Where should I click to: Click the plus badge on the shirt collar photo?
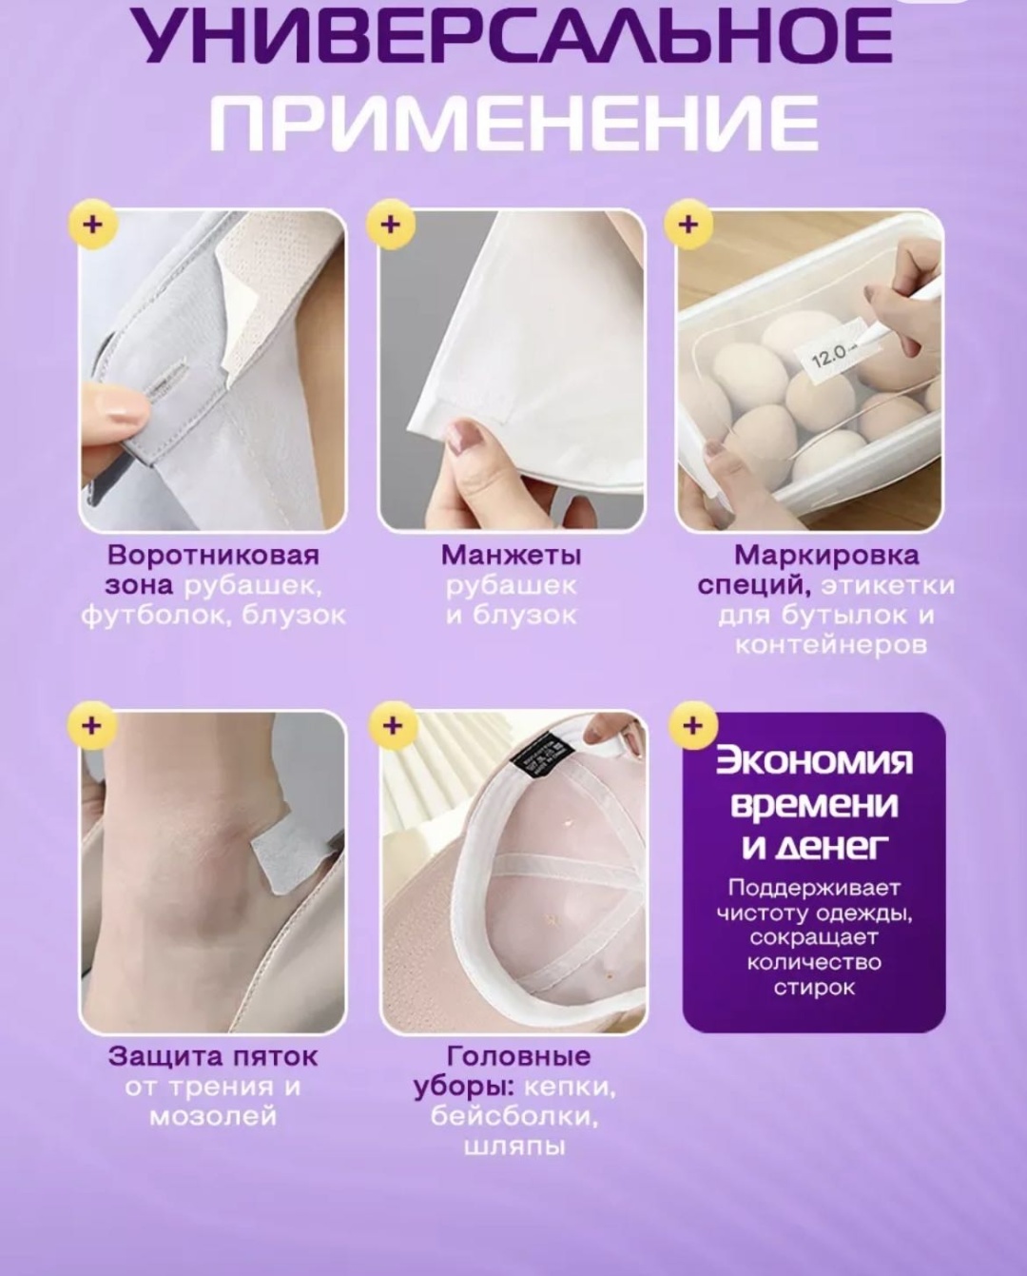point(92,226)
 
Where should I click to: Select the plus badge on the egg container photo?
point(688,226)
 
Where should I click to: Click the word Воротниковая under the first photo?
point(213,556)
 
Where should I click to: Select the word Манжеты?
point(511,556)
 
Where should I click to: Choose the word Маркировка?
point(826,556)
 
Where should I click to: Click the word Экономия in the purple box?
point(814,762)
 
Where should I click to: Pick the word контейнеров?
point(831,645)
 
